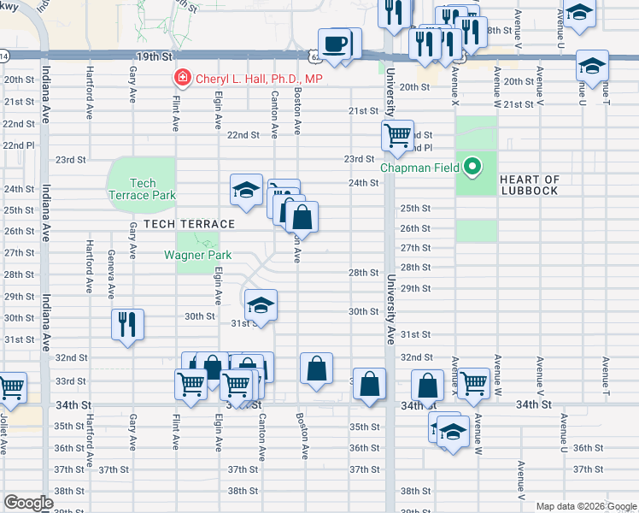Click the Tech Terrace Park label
[143, 189]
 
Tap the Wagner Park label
[198, 255]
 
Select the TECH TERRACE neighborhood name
[189, 224]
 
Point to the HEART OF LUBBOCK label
[529, 185]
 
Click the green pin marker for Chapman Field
[471, 166]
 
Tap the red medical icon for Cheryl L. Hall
[181, 79]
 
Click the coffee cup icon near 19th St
[335, 44]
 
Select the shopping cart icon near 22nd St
[397, 135]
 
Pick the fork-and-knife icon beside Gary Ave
[127, 324]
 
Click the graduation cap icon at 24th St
[246, 189]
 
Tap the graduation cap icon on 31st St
[261, 304]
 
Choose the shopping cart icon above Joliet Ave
[11, 386]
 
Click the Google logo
[28, 503]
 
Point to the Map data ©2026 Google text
[586, 506]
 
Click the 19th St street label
[154, 56]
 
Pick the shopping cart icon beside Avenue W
[473, 384]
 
